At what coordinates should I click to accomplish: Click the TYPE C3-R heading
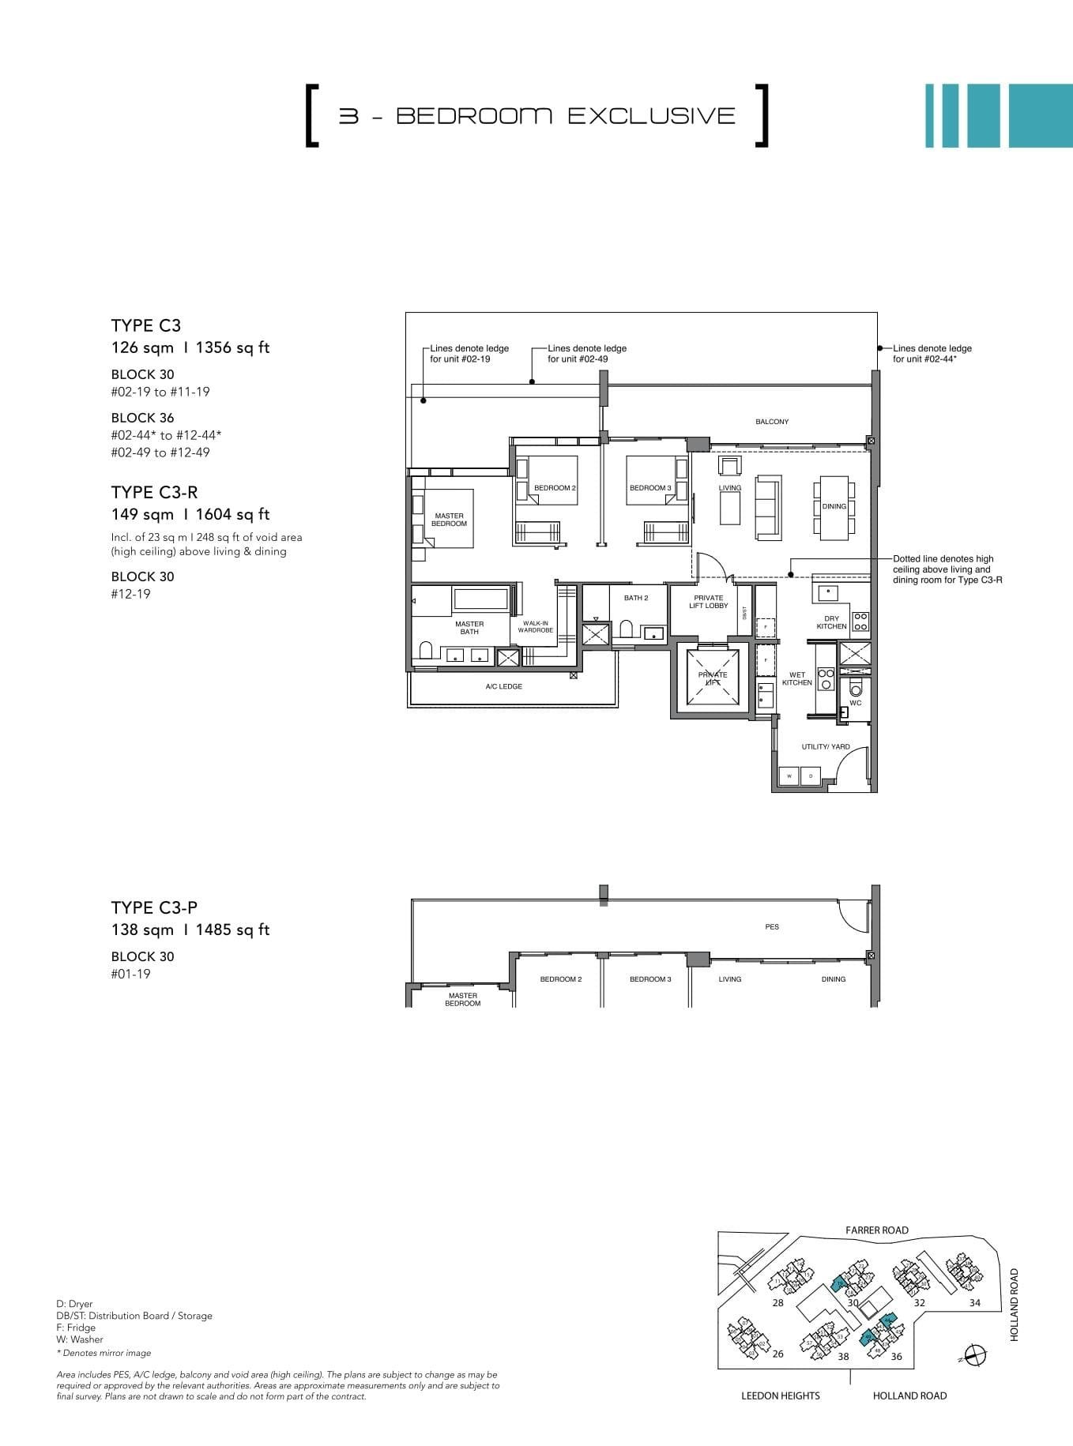pos(154,492)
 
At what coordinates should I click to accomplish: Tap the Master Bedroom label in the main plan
pos(449,520)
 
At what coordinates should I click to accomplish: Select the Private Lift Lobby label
pos(708,602)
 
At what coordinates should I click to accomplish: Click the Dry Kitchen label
pos(831,622)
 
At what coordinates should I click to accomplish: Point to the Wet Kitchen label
pos(796,678)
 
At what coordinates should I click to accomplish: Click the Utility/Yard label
pos(826,746)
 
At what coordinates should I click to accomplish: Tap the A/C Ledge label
pos(503,686)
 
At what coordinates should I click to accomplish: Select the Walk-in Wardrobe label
pos(535,626)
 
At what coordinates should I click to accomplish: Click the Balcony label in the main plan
pos(772,422)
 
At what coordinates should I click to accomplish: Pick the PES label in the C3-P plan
pos(772,926)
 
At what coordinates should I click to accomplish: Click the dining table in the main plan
pos(834,507)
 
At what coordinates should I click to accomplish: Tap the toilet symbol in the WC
pos(855,685)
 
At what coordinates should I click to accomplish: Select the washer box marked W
pos(789,776)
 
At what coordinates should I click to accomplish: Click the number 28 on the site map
pos(777,1302)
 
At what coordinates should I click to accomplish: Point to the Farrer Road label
pos(876,1230)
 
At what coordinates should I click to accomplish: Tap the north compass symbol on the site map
pos(977,1354)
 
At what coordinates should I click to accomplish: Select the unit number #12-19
pos(130,593)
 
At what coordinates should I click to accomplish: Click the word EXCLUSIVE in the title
pos(652,115)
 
